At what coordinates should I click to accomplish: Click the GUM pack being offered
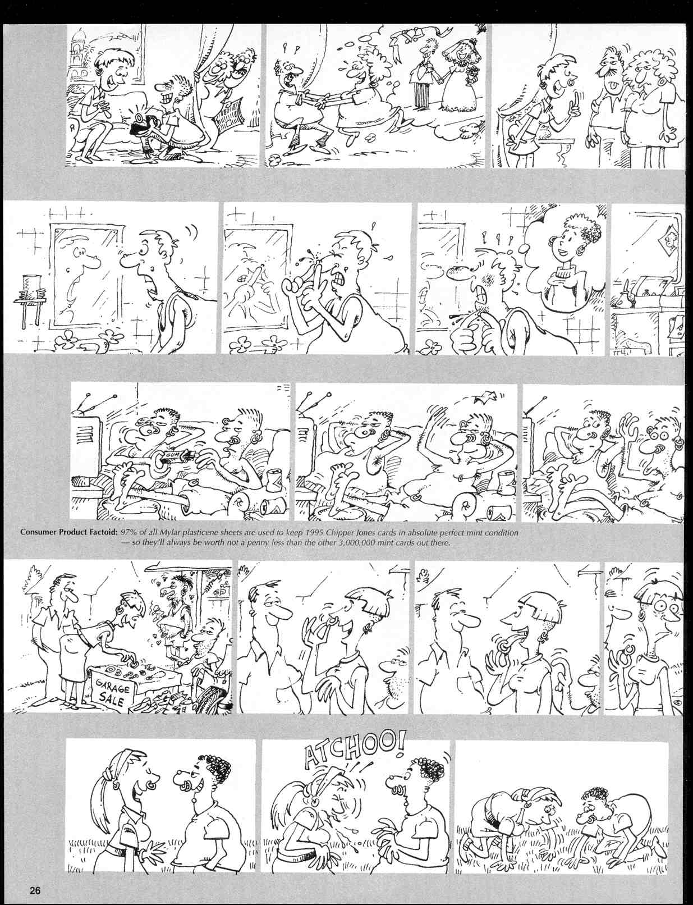coord(169,462)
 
